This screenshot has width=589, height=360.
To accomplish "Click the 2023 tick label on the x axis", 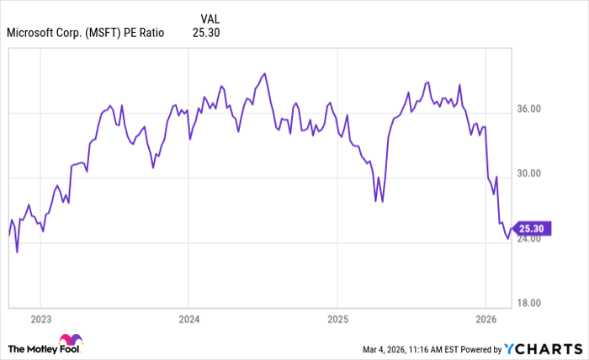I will pyautogui.click(x=40, y=320).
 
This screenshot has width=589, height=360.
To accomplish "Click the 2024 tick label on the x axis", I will pyautogui.click(x=188, y=320).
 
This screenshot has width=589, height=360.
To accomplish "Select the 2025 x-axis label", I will pyautogui.click(x=337, y=320).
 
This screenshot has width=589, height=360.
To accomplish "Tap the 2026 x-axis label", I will pyautogui.click(x=485, y=320).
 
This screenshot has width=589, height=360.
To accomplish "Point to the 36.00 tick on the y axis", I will pyautogui.click(x=533, y=109).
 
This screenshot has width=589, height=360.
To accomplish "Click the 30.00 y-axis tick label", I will pyautogui.click(x=533, y=174).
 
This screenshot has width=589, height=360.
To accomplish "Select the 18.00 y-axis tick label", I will pyautogui.click(x=533, y=304).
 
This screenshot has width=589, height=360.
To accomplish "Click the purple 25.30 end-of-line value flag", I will pyautogui.click(x=531, y=227).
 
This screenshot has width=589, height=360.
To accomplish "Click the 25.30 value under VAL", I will pyautogui.click(x=206, y=33).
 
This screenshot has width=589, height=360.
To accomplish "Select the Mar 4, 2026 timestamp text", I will pyautogui.click(x=397, y=348).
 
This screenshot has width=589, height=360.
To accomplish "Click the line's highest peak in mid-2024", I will pyautogui.click(x=265, y=73).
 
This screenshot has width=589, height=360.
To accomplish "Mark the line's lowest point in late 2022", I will pyautogui.click(x=17, y=251).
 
